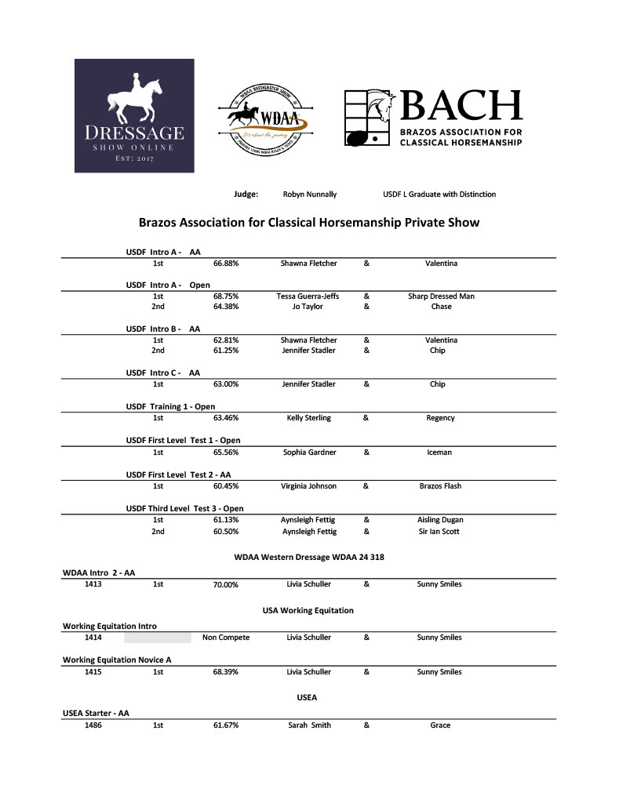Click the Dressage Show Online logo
134,115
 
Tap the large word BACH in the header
461,107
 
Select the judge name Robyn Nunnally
309,194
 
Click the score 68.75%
226,296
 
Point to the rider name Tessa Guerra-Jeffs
308,296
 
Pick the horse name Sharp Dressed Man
441,296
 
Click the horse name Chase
441,307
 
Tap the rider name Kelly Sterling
308,418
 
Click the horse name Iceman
441,452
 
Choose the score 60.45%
226,486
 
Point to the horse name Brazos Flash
441,486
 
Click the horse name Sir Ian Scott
441,532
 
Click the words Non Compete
226,638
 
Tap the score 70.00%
226,585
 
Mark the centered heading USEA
307,696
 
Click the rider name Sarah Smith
309,725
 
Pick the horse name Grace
441,725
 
